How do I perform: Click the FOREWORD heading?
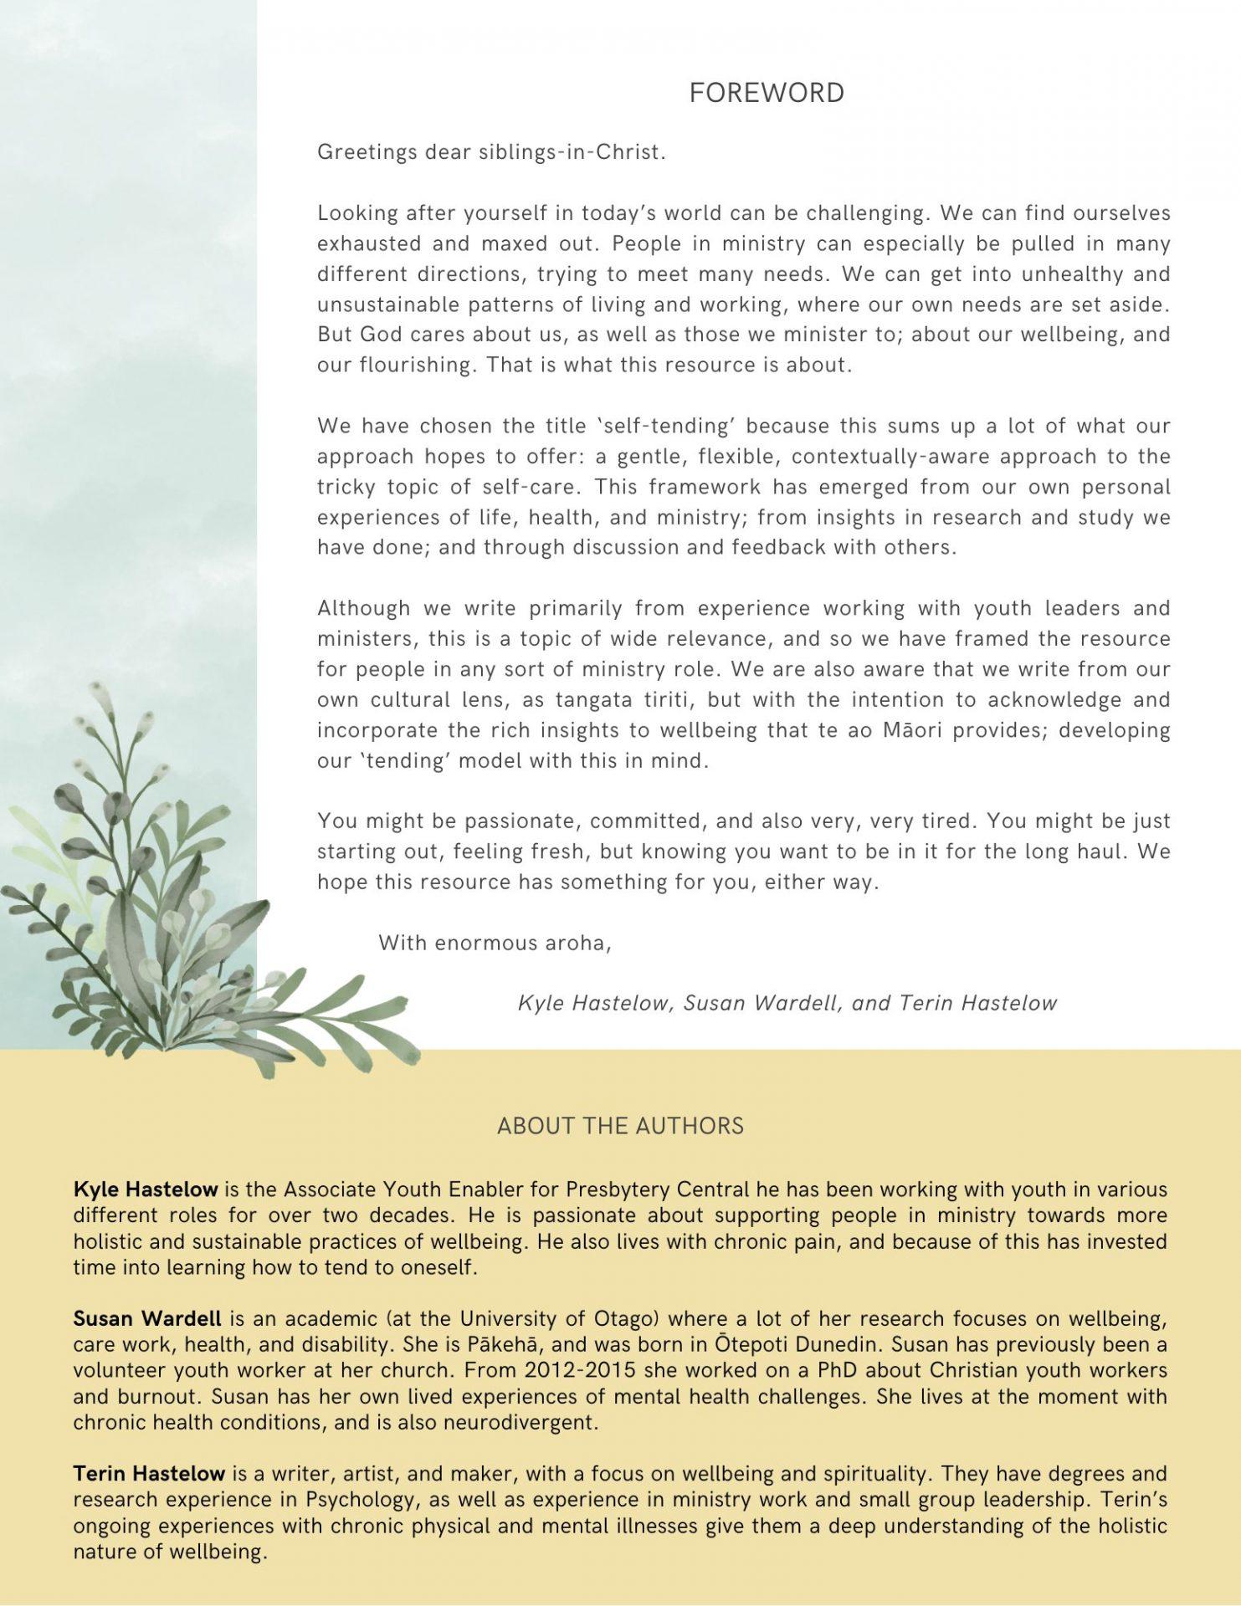click(767, 93)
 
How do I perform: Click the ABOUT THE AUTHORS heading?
click(620, 1126)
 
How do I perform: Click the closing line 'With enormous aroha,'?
click(495, 944)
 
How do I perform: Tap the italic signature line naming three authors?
click(787, 1003)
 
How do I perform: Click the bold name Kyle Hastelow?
click(146, 1189)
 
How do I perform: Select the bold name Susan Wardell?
click(147, 1319)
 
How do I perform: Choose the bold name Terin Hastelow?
click(149, 1473)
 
